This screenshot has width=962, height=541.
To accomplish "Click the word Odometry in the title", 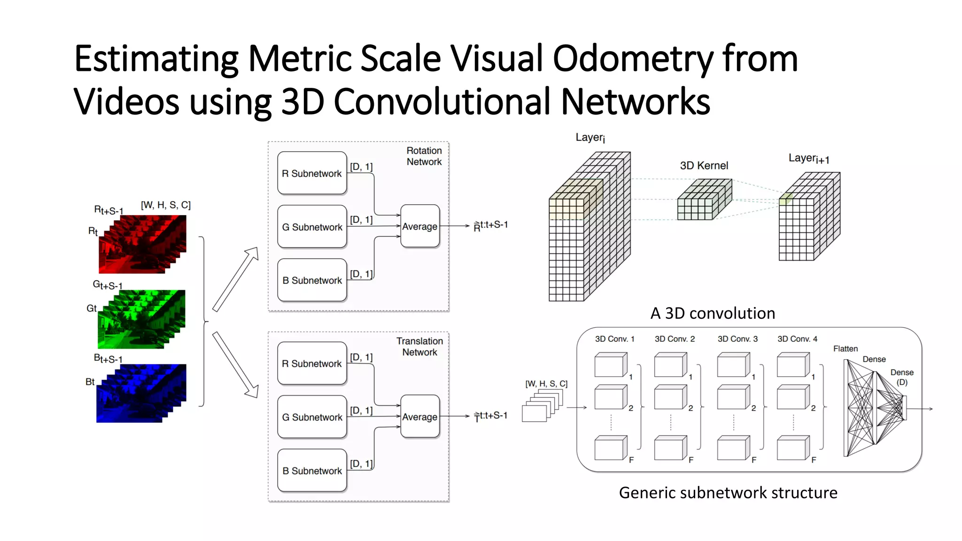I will point(632,59).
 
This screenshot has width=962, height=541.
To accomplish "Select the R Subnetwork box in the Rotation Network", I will point(312,173).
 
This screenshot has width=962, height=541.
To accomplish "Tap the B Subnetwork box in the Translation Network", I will point(312,471).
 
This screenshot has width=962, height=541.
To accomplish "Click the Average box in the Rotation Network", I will point(420,226).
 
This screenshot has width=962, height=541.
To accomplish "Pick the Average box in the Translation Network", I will point(420,417).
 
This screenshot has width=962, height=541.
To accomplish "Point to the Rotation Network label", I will point(424,156).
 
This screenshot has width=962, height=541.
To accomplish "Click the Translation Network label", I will point(419,347).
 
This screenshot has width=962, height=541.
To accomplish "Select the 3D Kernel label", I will point(704,165).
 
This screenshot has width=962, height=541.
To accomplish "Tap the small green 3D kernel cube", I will point(703,201).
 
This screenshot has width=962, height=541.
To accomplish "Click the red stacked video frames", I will point(143,244).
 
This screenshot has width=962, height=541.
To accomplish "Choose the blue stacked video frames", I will point(141,394).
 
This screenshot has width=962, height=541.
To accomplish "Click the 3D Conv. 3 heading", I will point(737,339).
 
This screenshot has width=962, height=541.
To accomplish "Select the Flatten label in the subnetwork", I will point(845,348).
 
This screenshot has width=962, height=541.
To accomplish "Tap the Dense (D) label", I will point(901,377).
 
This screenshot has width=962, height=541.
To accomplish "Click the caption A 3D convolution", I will point(713,313).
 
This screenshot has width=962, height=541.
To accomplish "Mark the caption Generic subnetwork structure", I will point(728,493).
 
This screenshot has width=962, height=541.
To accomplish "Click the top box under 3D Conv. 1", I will point(610,365).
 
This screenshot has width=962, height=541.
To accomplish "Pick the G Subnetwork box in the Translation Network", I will point(312,417).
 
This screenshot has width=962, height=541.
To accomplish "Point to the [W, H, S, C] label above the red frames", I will point(166,205).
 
